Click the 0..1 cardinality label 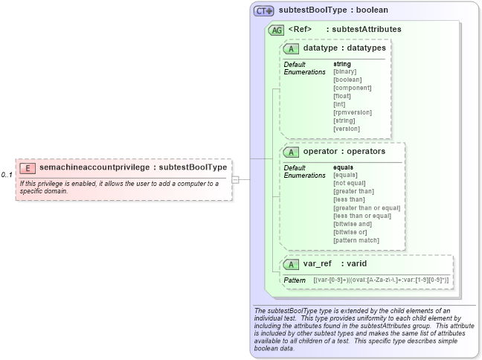click(x=7, y=175)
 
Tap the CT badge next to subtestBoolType click(x=264, y=11)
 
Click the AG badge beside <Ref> click(x=276, y=30)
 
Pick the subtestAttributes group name click(x=366, y=30)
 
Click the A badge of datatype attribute click(x=292, y=48)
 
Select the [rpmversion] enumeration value click(x=353, y=112)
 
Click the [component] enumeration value click(x=352, y=88)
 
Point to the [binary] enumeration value click(x=346, y=71)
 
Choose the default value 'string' click(x=342, y=64)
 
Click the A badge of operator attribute click(x=292, y=152)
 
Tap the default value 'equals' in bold click(x=343, y=167)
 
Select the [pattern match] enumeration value click(x=356, y=240)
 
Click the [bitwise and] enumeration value click(x=353, y=224)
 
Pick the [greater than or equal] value click(x=367, y=208)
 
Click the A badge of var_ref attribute click(x=292, y=264)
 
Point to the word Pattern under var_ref click(x=295, y=280)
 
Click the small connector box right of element click(x=235, y=179)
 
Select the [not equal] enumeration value click(x=350, y=183)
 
